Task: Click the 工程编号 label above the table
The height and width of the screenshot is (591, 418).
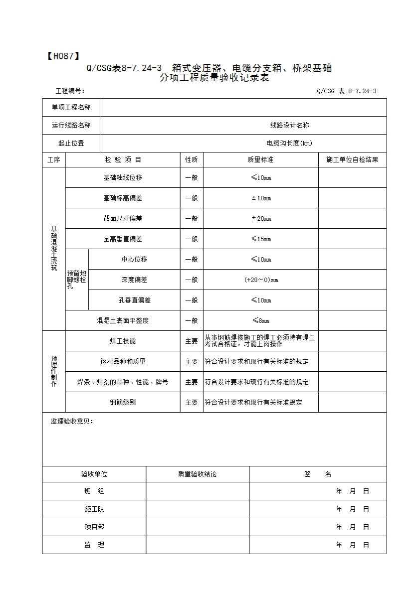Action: tap(70, 91)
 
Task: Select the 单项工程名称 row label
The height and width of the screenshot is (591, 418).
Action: tap(71, 108)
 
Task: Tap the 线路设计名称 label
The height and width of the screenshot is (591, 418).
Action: tap(289, 126)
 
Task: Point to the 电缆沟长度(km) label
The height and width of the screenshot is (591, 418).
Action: tap(289, 144)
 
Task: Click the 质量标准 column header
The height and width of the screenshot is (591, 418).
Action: tap(260, 160)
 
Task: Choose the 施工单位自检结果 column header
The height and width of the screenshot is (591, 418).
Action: tap(352, 160)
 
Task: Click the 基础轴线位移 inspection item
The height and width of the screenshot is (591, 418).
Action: tap(123, 178)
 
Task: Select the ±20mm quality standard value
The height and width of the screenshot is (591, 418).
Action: tap(261, 219)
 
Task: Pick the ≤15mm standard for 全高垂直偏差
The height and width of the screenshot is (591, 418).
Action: tap(261, 239)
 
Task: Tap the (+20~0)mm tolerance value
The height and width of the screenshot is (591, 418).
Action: tap(261, 280)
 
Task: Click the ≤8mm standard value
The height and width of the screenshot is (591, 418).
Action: tap(261, 321)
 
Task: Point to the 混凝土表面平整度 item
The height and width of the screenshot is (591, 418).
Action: tap(123, 321)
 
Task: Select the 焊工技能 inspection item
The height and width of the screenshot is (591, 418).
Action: tap(123, 341)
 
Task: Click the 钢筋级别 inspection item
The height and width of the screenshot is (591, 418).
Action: tap(123, 403)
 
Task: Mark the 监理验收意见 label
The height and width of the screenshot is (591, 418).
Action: tap(72, 422)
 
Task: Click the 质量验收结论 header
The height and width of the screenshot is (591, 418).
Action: tap(198, 474)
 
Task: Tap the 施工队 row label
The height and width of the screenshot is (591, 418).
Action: tap(94, 509)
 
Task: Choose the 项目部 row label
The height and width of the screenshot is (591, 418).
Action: tap(94, 527)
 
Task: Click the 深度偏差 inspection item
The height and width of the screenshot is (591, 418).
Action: tap(134, 280)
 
